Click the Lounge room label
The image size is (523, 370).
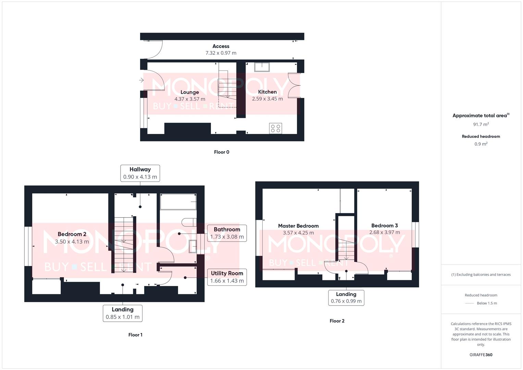point(189,92)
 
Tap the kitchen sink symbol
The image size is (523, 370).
point(262,67)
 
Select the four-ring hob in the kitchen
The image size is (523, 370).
point(275,128)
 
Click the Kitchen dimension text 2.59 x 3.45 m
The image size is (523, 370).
point(267,99)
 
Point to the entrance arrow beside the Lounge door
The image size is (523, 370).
point(141,81)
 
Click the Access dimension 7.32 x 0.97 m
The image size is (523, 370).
point(221,53)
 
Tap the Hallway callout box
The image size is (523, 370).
point(140,173)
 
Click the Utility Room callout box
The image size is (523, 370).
point(227,277)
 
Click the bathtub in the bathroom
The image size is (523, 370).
point(178,202)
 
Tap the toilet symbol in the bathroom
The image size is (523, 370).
point(189,223)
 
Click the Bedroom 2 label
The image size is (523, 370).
point(72,234)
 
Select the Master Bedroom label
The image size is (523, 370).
point(298,226)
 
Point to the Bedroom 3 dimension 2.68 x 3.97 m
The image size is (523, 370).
point(384,232)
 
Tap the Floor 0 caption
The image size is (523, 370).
point(221,152)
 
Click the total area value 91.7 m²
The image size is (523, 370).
point(481,124)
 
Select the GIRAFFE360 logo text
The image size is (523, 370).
point(481,355)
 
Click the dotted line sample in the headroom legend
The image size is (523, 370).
point(469,303)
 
